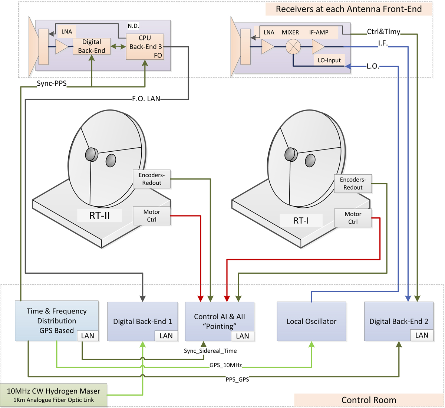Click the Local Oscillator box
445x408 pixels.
click(311, 321)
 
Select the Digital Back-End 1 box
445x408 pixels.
click(142, 321)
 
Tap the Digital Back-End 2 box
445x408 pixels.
click(399, 321)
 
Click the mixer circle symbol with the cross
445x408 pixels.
click(293, 47)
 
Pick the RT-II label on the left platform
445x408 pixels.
click(99, 215)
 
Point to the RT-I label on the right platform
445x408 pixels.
click(301, 221)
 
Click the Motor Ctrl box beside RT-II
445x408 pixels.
click(152, 216)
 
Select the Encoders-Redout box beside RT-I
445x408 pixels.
click(353, 184)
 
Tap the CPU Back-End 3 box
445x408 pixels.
click(145, 47)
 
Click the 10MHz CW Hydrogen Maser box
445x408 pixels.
click(54, 395)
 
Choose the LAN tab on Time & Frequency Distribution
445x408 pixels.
click(88, 336)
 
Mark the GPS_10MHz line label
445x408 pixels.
click(225, 365)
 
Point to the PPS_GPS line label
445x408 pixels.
click(237, 379)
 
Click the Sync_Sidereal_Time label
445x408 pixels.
click(210, 351)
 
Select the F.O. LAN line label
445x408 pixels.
click(146, 99)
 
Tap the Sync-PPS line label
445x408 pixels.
click(52, 83)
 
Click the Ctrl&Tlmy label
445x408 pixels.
click(383, 32)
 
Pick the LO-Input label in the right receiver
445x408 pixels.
click(329, 60)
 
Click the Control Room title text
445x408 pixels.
click(369, 400)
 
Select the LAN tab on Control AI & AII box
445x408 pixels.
click(243, 336)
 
